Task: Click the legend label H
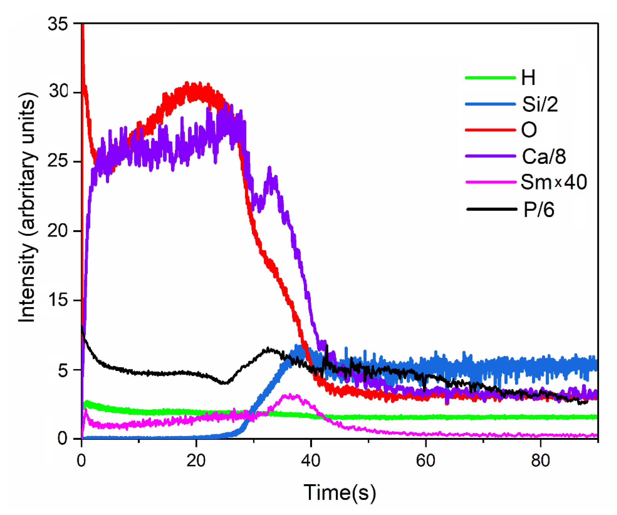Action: [528, 78]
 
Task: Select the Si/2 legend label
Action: [540, 104]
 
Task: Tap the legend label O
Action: [529, 130]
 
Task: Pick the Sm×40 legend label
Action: [554, 182]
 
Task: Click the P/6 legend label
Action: [539, 209]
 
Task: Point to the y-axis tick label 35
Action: [58, 23]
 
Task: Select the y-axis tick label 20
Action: [58, 231]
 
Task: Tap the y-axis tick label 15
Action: [58, 300]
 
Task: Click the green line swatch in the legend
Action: [490, 78]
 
